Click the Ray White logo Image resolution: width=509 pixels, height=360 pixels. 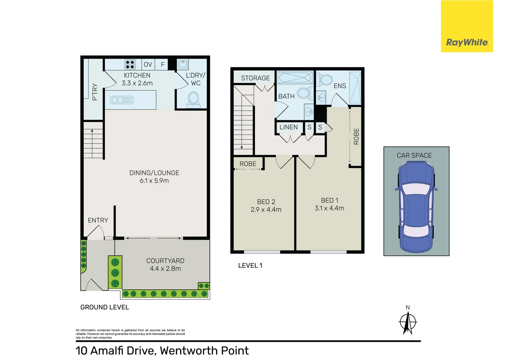tap(467, 42)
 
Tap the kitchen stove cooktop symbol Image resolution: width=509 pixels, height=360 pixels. tap(130, 64)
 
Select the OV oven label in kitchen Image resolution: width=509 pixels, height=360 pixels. tap(148, 65)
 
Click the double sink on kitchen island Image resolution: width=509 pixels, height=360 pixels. tap(122, 100)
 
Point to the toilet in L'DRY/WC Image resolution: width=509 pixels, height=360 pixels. tap(193, 99)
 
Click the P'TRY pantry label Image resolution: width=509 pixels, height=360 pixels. tap(95, 92)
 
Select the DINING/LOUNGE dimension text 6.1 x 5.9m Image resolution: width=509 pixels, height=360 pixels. tap(154, 181)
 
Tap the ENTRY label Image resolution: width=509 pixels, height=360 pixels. tap(98, 220)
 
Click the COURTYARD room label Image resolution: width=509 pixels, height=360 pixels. tap(165, 261)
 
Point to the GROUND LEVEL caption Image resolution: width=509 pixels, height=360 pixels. tap(105, 307)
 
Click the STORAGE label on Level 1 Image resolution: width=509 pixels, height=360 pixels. tap(255, 78)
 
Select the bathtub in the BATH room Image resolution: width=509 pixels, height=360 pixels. tap(295, 78)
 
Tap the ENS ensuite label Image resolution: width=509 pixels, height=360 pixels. tap(340, 86)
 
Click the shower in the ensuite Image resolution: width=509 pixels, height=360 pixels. tap(355, 88)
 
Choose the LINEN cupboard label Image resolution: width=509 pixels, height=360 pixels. tap(288, 127)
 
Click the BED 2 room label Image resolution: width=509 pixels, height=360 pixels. tap(266, 202)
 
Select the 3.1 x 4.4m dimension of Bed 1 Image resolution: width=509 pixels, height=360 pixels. tap(329, 208)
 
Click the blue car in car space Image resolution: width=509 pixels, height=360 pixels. tap(416, 207)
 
